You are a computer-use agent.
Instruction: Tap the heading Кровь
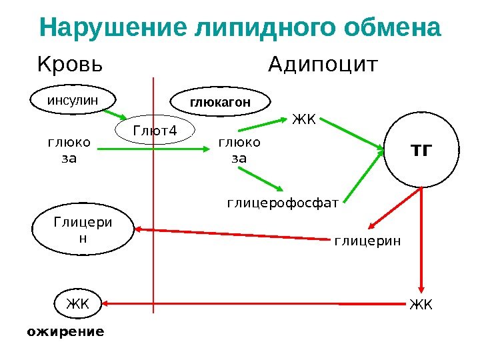tap(70, 65)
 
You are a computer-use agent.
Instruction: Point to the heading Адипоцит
tap(323, 65)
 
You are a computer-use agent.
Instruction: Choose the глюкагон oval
tap(221, 103)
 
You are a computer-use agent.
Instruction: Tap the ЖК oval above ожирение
tap(77, 304)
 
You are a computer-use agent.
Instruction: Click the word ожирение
tap(66, 331)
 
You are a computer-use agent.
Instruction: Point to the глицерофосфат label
tap(283, 201)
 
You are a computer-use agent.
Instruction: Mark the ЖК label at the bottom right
tap(421, 305)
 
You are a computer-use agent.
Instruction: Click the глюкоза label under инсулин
tap(69, 150)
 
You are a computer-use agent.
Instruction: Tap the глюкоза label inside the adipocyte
tap(240, 150)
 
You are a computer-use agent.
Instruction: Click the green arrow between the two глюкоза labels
tap(153, 150)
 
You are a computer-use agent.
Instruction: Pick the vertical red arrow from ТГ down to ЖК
tap(421, 240)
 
